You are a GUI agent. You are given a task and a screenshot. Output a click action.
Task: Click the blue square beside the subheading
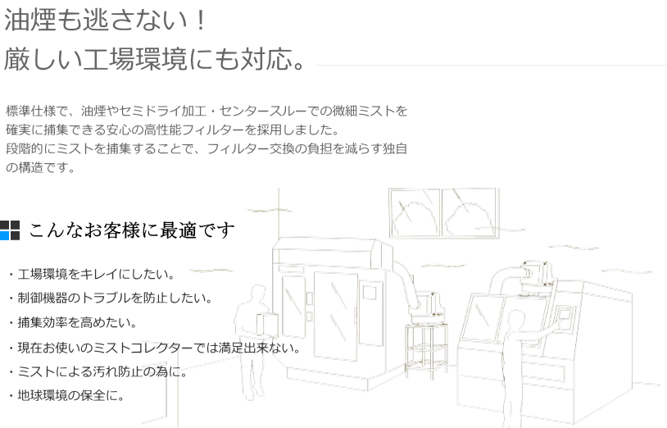pyautogui.click(x=5, y=236)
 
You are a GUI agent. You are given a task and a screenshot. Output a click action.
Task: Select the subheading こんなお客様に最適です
pyautogui.click(x=132, y=230)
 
